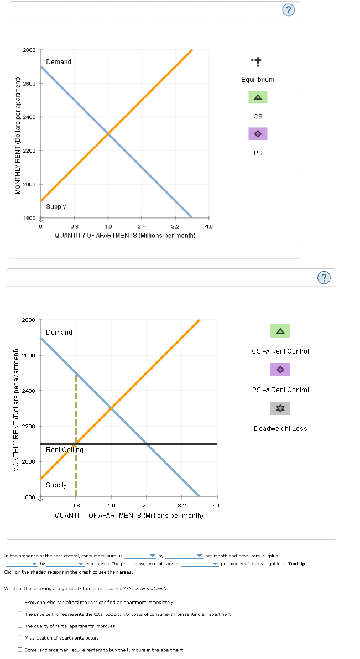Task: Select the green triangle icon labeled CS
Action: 257,97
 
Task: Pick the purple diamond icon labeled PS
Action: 257,134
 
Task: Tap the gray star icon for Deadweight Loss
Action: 280,409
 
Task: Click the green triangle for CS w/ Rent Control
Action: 280,331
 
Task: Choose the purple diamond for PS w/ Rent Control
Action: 280,370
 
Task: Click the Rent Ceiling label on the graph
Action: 65,450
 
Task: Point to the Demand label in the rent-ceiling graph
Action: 59,333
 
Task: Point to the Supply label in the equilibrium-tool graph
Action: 56,206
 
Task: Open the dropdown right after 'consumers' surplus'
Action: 153,556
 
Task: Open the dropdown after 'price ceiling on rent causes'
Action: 216,564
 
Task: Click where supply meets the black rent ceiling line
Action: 76,444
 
